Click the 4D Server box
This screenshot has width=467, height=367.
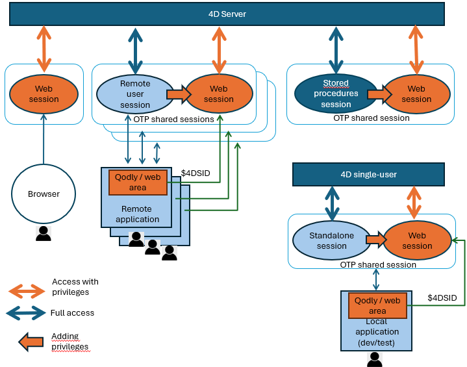click(x=227, y=14)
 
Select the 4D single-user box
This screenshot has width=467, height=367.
click(x=368, y=175)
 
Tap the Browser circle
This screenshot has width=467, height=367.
click(x=44, y=194)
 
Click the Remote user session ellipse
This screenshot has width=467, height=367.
click(x=135, y=94)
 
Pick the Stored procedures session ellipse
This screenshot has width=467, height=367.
click(x=336, y=94)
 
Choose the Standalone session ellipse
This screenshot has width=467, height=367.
click(x=331, y=241)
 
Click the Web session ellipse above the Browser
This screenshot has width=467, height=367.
click(x=44, y=94)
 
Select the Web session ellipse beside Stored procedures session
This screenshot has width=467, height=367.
click(x=416, y=94)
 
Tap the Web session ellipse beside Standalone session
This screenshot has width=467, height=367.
click(x=417, y=241)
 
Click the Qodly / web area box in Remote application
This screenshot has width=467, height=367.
click(x=138, y=183)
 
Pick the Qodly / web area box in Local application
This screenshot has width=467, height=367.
click(x=377, y=305)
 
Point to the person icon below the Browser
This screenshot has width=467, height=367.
click(x=44, y=233)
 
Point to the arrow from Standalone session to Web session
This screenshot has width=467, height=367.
click(x=375, y=240)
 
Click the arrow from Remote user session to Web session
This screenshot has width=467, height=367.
click(x=177, y=94)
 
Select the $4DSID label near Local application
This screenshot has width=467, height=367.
click(x=442, y=297)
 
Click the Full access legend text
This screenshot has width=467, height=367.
click(x=72, y=313)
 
